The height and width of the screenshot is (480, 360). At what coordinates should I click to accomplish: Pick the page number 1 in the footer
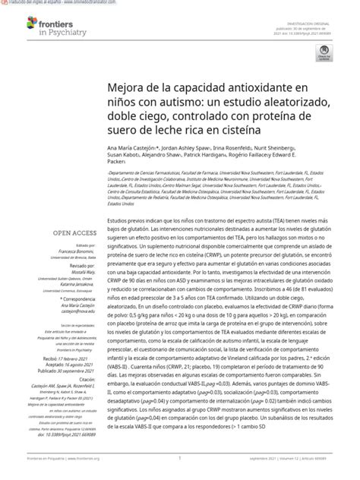coord(179,459)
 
